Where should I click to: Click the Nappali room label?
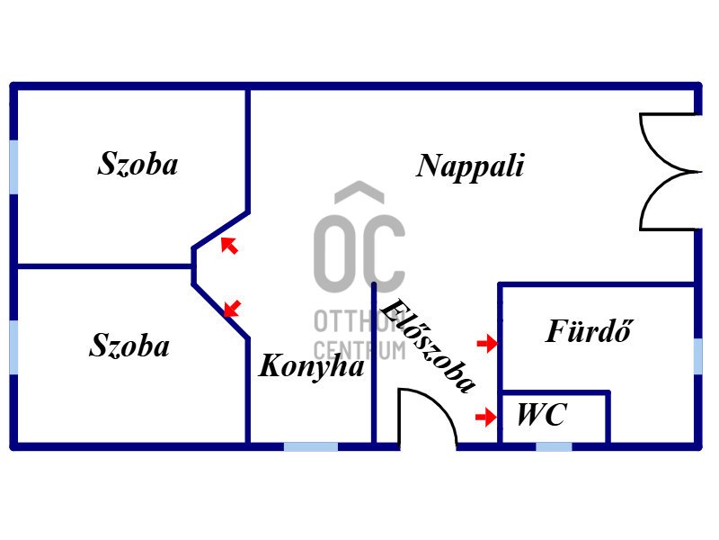pyautogui.click(x=470, y=167)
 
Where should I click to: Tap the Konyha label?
pyautogui.click(x=311, y=367)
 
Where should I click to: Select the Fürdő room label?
pyautogui.click(x=590, y=330)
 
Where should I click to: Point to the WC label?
pyautogui.click(x=542, y=415)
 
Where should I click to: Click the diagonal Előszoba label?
pyautogui.click(x=428, y=346)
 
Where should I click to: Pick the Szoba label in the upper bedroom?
pyautogui.click(x=138, y=164)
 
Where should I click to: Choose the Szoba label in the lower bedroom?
pyautogui.click(x=129, y=345)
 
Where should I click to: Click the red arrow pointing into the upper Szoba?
pyautogui.click(x=229, y=245)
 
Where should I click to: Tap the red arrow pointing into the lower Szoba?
pyautogui.click(x=232, y=309)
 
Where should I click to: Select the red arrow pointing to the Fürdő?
pyautogui.click(x=487, y=343)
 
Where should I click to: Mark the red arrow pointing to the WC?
pyautogui.click(x=486, y=417)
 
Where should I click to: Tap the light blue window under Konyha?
pyautogui.click(x=311, y=446)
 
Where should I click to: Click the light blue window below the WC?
pyautogui.click(x=554, y=446)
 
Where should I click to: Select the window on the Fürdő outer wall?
pyautogui.click(x=698, y=355)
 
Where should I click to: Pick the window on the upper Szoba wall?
pyautogui.click(x=13, y=167)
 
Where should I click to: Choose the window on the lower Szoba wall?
pyautogui.click(x=13, y=347)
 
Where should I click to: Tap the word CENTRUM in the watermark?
pyautogui.click(x=360, y=351)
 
